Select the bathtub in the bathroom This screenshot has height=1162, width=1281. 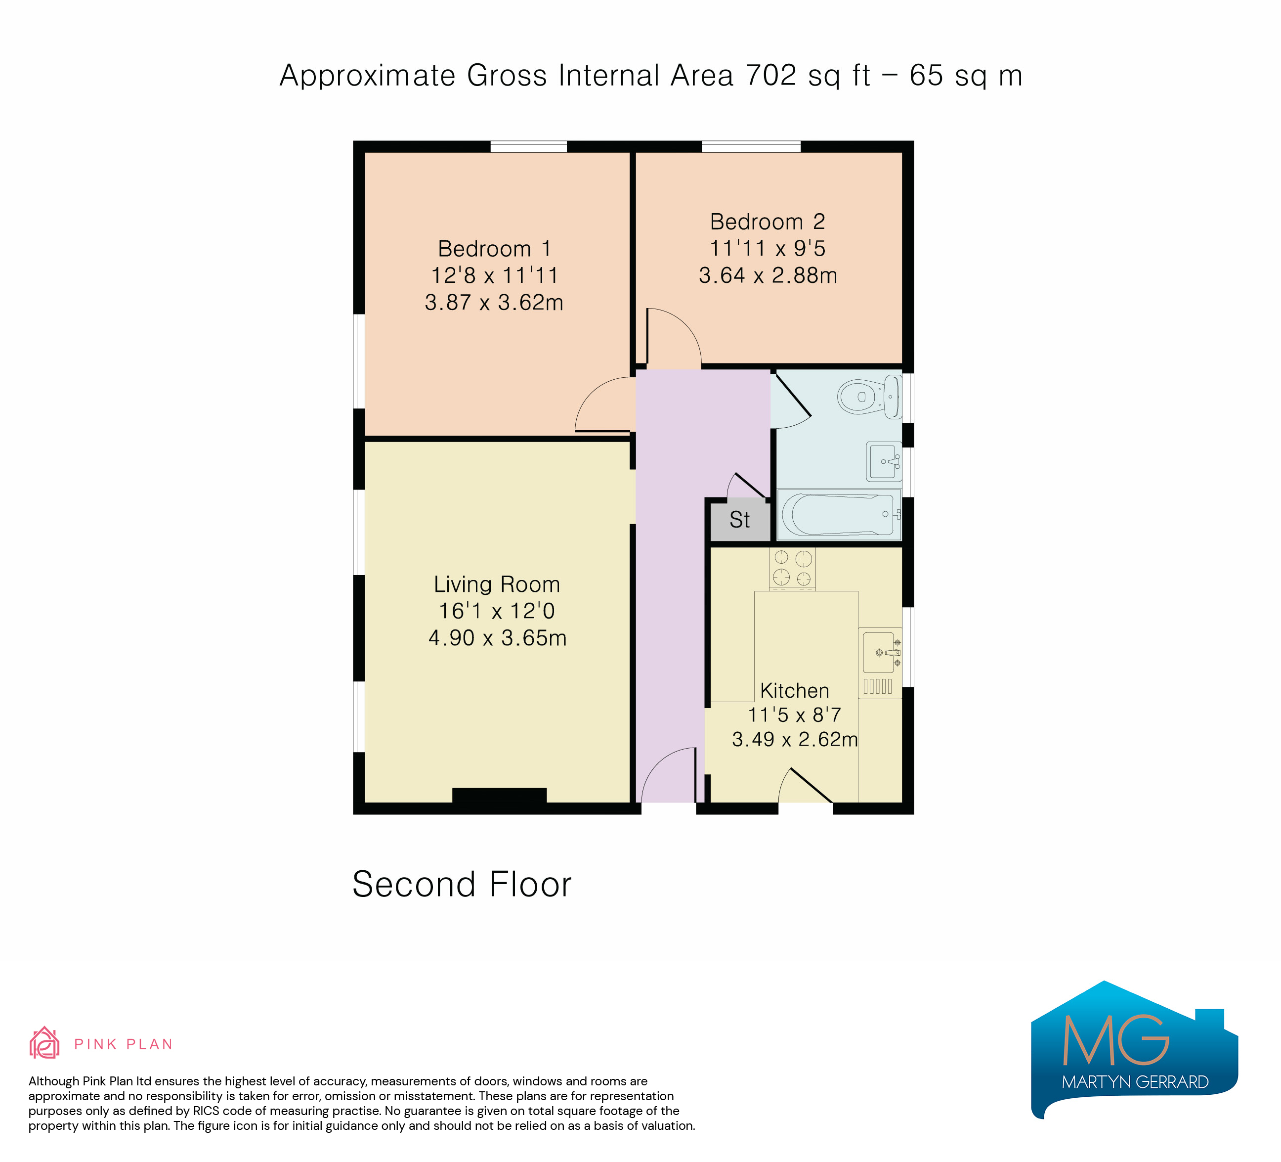pyautogui.click(x=839, y=514)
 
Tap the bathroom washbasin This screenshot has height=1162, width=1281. pyautogui.click(x=884, y=461)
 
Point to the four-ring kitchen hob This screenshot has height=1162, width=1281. pyautogui.click(x=792, y=568)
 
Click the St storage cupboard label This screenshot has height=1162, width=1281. pyautogui.click(x=740, y=520)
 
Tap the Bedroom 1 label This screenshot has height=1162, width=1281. pyautogui.click(x=494, y=249)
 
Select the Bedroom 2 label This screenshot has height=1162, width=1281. pyautogui.click(x=768, y=222)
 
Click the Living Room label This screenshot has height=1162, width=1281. pyautogui.click(x=497, y=584)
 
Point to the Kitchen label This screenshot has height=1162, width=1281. pyautogui.click(x=795, y=690)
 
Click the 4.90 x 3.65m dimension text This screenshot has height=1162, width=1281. pyautogui.click(x=498, y=637)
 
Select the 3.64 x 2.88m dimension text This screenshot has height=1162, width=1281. pyautogui.click(x=768, y=275)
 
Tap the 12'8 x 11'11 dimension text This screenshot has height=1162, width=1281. pyautogui.click(x=494, y=275)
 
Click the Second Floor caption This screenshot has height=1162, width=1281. pyautogui.click(x=462, y=884)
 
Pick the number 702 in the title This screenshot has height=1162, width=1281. pyautogui.click(x=771, y=76)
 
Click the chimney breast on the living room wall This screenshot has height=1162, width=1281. pyautogui.click(x=500, y=795)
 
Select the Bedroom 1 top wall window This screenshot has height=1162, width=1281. pyautogui.click(x=529, y=147)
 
